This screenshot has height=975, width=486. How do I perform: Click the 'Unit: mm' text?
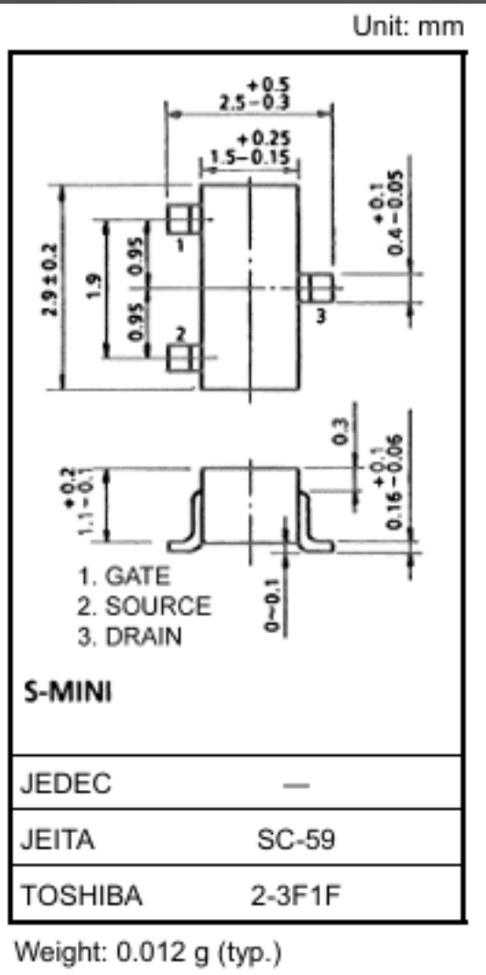[408, 26]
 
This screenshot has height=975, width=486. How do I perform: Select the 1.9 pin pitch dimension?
[93, 287]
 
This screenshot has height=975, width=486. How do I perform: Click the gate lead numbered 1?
[183, 220]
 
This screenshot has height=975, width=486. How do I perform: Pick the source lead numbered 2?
[183, 358]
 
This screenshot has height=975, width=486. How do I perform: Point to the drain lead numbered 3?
[316, 288]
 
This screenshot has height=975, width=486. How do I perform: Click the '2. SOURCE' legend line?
[144, 607]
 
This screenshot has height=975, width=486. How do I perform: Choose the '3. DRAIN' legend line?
[129, 637]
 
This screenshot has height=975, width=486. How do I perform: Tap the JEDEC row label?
[66, 783]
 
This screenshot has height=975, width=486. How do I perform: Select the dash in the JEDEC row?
[296, 785]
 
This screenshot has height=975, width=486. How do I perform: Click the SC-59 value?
[296, 840]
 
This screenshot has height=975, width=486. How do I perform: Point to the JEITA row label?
[58, 840]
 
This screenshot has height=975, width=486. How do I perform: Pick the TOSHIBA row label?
[81, 896]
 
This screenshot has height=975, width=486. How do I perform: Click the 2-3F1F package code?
[296, 896]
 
